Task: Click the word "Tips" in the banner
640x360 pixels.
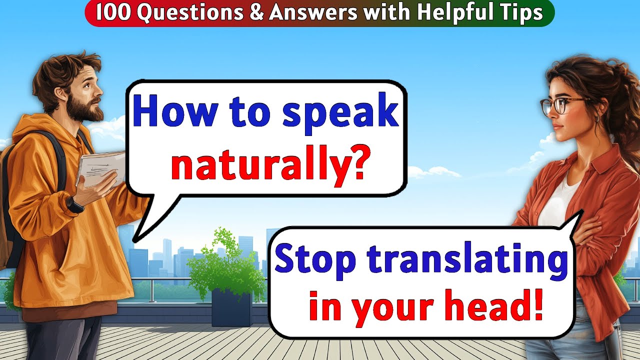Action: [x=522, y=13]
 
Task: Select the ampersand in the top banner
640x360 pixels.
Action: [x=256, y=13]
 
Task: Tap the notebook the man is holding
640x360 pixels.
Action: [x=100, y=167]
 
